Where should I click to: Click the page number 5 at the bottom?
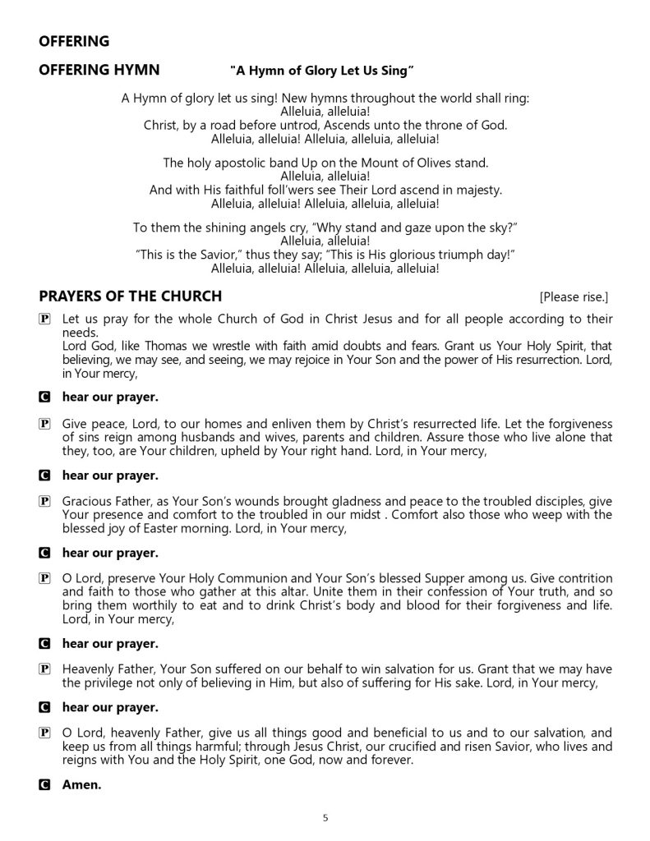pyautogui.click(x=325, y=817)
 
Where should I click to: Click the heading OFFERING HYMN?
pyautogui.click(x=99, y=71)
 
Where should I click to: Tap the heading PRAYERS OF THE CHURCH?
pyautogui.click(x=131, y=296)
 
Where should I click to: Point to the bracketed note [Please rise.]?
pyautogui.click(x=574, y=296)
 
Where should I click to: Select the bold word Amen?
pyautogui.click(x=81, y=784)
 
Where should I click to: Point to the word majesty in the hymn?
pyautogui.click(x=478, y=190)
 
